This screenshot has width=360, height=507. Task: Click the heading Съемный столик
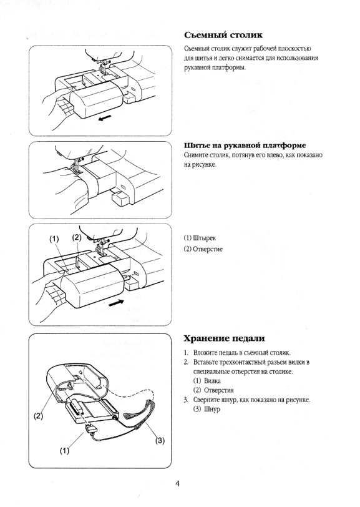(223, 35)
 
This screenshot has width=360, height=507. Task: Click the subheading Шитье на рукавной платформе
(245, 145)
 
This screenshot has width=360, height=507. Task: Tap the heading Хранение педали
(224, 338)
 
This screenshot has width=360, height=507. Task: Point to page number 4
(177, 484)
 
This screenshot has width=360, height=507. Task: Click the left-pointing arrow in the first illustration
(105, 117)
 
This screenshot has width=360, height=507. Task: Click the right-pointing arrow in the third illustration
(116, 303)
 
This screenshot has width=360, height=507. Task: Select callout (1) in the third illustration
(54, 239)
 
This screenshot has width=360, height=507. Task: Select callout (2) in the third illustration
(77, 238)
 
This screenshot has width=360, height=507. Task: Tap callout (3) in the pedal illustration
(160, 440)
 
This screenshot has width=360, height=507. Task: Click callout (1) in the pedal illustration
(65, 451)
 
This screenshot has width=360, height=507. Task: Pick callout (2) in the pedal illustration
(39, 416)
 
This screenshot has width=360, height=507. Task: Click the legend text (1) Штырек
(200, 239)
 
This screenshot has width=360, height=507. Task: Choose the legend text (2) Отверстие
(203, 249)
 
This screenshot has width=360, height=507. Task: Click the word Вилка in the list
(212, 381)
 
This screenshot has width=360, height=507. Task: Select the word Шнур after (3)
(212, 410)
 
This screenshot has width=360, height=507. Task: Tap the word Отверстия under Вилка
(219, 390)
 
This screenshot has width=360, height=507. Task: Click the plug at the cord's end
(90, 429)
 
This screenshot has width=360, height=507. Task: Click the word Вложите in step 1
(205, 353)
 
